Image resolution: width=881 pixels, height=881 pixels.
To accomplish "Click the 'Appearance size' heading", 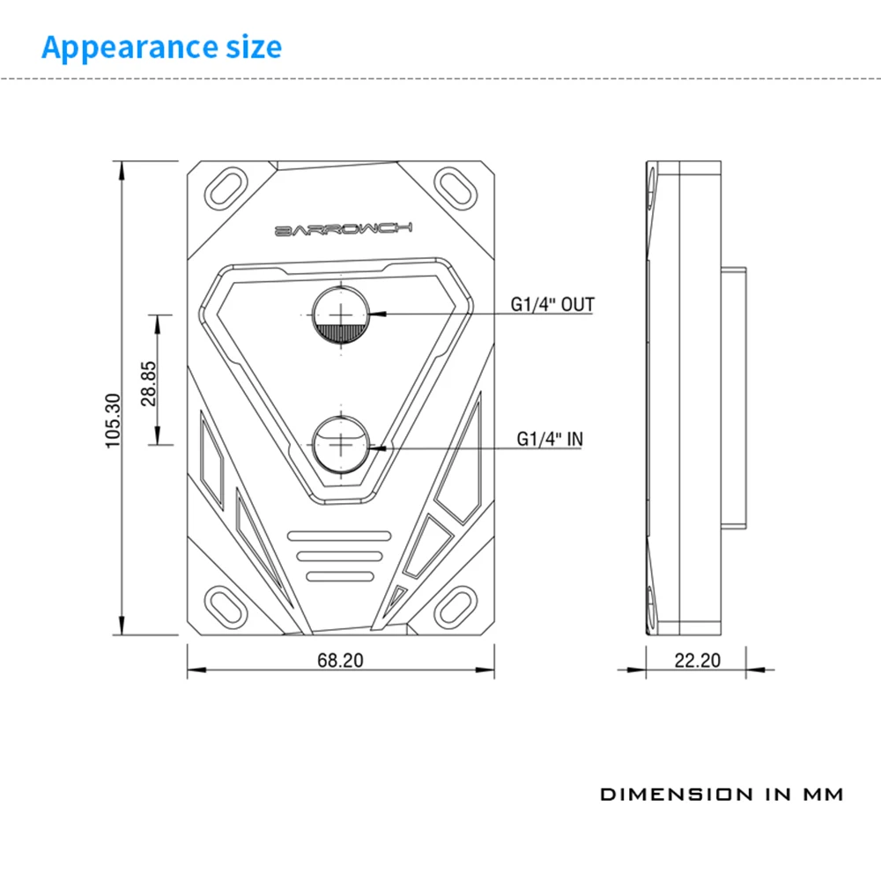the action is pos(162,48).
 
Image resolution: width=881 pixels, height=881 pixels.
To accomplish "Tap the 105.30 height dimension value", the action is pos(113,421).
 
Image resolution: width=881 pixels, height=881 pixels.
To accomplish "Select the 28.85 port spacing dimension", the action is pos(148,384).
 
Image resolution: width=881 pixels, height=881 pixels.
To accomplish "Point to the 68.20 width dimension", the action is pos(340,660).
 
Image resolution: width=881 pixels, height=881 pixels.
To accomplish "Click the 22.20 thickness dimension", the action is pos(697,660).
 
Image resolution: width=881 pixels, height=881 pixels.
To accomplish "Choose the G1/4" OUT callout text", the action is pos(552,305).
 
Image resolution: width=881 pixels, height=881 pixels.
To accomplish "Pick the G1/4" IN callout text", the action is pos(550,439).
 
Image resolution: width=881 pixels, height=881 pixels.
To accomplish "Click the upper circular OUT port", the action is pos(341,315).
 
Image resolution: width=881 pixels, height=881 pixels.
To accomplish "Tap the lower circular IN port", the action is pos(341,445).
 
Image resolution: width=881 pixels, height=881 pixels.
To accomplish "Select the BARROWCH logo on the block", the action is pos(344,229).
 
